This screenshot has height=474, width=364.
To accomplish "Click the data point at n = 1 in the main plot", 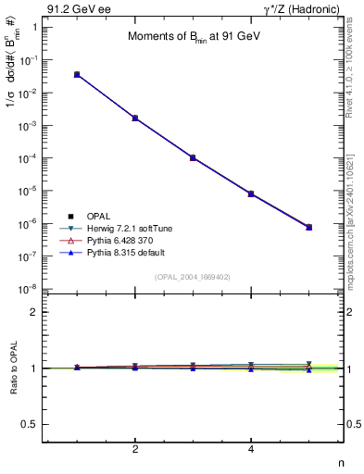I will pyautogui.click(x=77, y=74).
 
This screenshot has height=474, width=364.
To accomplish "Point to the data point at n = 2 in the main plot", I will pyautogui.click(x=135, y=118).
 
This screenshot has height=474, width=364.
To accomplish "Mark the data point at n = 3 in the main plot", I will pyautogui.click(x=194, y=157).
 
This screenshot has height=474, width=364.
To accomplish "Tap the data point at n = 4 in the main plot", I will pyautogui.click(x=251, y=193).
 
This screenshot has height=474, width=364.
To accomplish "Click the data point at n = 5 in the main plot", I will pyautogui.click(x=309, y=227).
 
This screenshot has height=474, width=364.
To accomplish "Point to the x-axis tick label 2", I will pyautogui.click(x=135, y=450).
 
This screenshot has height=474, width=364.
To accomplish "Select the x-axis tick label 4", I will pyautogui.click(x=251, y=450).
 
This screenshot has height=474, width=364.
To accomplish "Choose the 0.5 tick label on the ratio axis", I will pyautogui.click(x=29, y=424).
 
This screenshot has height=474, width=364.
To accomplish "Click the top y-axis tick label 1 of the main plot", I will pyautogui.click(x=34, y=28).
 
